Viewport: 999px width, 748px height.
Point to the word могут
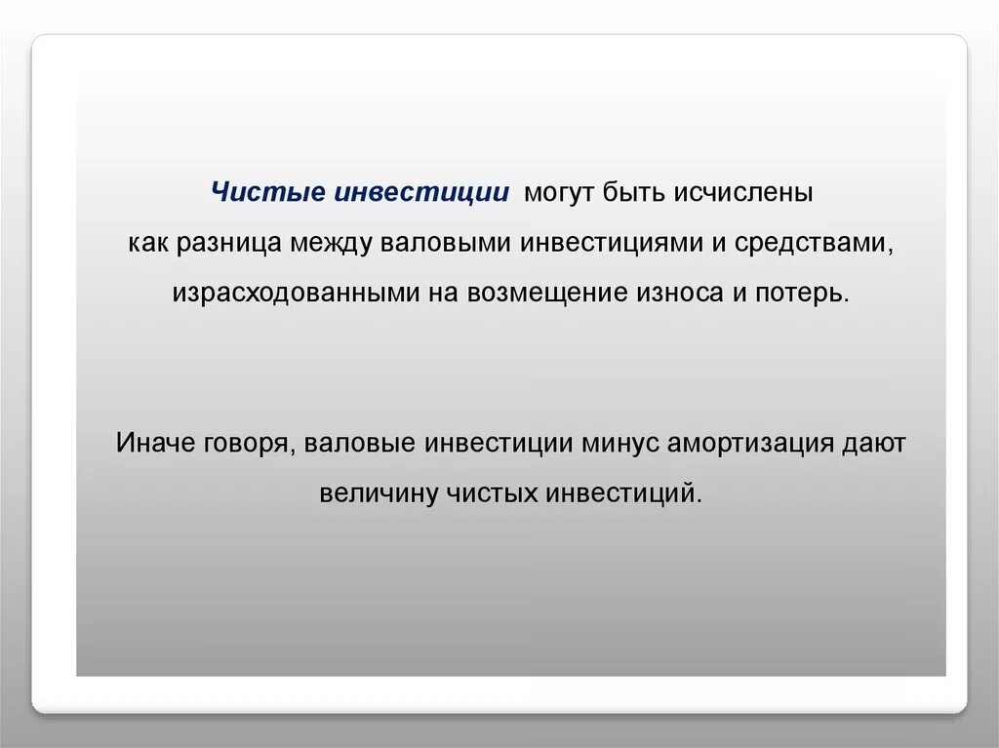(x=559, y=191)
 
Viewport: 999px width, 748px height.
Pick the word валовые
(x=360, y=442)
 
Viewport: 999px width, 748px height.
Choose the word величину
(x=379, y=492)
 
